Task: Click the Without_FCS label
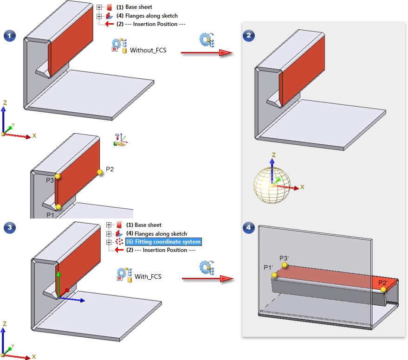tap(148, 50)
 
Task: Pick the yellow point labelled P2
tap(99, 172)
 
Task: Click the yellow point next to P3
tap(58, 176)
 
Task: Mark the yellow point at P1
tap(58, 207)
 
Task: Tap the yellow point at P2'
tap(383, 289)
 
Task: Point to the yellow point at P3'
tap(285, 265)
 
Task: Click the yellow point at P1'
tap(275, 276)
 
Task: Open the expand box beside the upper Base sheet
tap(99, 7)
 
